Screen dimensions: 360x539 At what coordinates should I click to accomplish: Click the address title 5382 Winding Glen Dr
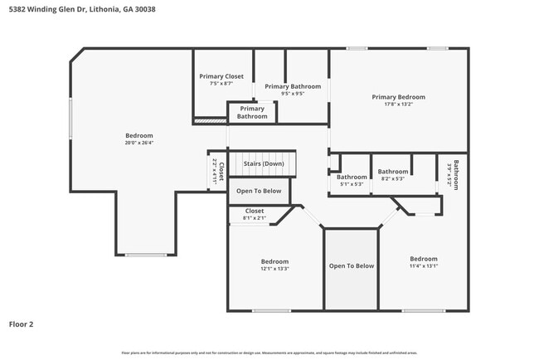pyautogui.click(x=81, y=9)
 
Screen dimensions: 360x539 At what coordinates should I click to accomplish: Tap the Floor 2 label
pyautogui.click(x=22, y=324)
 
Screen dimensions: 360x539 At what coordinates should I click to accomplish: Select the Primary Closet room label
pyautogui.click(x=221, y=76)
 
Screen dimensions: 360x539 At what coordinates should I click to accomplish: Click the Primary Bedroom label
pyautogui.click(x=398, y=97)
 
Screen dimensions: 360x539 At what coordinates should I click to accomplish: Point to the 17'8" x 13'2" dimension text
pyautogui.click(x=398, y=105)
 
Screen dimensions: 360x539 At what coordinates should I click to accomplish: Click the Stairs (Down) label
pyautogui.click(x=264, y=163)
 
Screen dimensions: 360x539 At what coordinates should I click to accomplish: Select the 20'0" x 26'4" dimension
pyautogui.click(x=138, y=143)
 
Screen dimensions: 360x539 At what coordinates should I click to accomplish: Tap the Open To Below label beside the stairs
pyautogui.click(x=259, y=191)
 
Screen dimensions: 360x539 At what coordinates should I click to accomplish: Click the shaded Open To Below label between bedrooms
pyautogui.click(x=352, y=266)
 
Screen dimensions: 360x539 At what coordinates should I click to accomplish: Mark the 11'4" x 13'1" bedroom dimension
pyautogui.click(x=423, y=266)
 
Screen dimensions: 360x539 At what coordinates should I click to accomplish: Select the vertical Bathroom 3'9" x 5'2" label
pyautogui.click(x=452, y=174)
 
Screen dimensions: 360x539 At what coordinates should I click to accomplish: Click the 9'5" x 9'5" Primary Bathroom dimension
pyautogui.click(x=292, y=94)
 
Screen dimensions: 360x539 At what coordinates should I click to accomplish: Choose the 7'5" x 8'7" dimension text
pyautogui.click(x=221, y=84)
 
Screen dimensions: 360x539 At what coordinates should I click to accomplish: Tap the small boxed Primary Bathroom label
pyautogui.click(x=252, y=113)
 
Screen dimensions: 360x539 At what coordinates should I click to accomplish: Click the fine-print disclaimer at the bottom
pyautogui.click(x=269, y=353)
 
